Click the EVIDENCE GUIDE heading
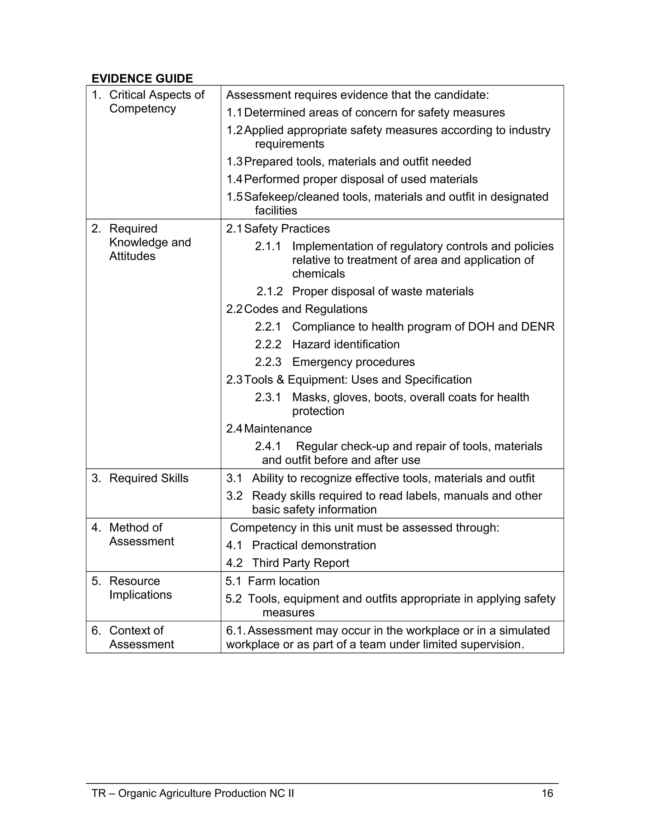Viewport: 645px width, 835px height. point(142,78)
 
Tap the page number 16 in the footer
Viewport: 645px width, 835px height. point(547,793)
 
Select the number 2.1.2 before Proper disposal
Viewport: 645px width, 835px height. point(269,291)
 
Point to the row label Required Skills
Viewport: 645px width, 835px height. point(149,478)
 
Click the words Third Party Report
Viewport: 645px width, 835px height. point(300,563)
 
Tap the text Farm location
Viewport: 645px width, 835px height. point(283,581)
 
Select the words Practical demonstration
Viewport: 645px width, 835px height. point(314,545)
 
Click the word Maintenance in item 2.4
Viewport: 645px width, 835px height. point(278,429)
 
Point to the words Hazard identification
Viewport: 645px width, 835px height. point(346,344)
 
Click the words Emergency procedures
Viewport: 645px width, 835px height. point(353,362)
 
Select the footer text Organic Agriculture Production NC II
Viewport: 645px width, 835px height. point(206,793)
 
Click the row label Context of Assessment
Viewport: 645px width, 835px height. point(141,637)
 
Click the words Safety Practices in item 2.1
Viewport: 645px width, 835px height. point(287,229)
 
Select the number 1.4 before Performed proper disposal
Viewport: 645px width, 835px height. point(234,179)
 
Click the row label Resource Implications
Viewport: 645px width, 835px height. point(140,588)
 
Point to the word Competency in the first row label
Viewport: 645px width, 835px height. point(143,109)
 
